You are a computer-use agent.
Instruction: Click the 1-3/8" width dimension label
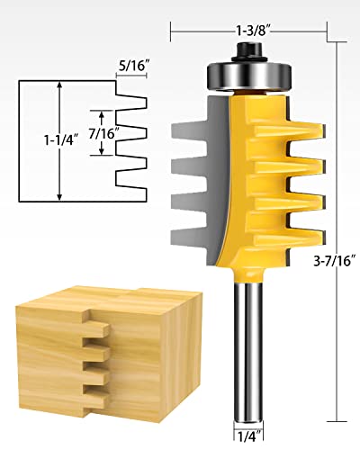coord(251,31)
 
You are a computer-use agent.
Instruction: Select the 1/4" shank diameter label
coord(248,436)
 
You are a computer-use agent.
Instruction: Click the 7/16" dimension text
coord(102,133)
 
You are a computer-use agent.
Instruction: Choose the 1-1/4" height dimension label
coord(61,139)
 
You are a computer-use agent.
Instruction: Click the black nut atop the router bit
coord(249,51)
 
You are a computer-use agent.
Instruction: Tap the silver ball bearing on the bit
coord(249,75)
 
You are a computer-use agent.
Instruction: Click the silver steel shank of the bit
coord(248,353)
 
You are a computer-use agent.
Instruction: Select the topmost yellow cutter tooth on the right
coord(291,129)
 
